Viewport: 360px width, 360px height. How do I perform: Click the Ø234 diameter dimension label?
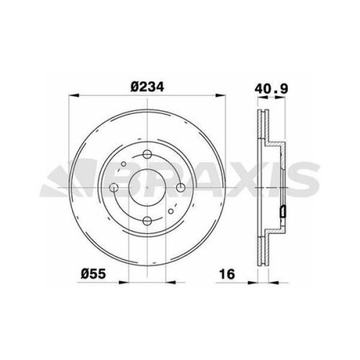(148, 86)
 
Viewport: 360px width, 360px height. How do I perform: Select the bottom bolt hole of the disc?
(147, 221)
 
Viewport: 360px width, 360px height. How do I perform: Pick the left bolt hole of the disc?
(114, 188)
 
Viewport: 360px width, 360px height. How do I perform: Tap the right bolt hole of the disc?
(181, 188)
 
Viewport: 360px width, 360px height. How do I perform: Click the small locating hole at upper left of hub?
(124, 164)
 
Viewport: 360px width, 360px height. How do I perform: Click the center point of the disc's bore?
(147, 188)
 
